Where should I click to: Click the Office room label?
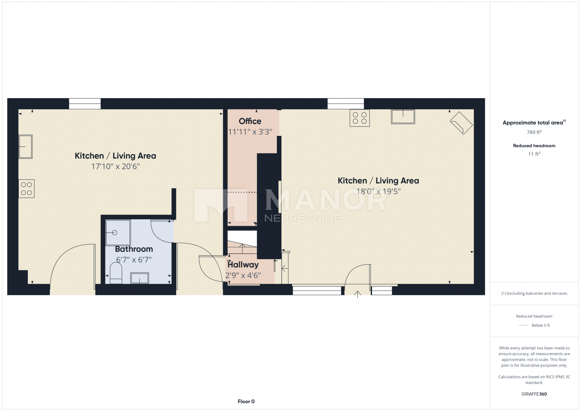[250, 121]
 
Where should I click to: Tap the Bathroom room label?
[134, 249]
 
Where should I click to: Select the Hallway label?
[243, 264]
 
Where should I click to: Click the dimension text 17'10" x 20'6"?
[115, 166]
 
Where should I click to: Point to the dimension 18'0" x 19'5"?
[378, 191]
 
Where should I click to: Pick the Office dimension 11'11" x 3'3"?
[250, 132]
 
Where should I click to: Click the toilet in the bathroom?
[116, 273]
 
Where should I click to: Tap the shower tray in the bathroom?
[118, 233]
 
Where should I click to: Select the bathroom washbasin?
[140, 278]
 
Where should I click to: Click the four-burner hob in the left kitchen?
[26, 188]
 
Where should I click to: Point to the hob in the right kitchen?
[359, 118]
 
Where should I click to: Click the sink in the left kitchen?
[26, 147]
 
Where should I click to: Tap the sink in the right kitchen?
[403, 116]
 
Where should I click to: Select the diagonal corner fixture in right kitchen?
[461, 123]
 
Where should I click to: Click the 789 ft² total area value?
[534, 132]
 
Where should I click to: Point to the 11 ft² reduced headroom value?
[534, 154]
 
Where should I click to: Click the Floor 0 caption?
[246, 401]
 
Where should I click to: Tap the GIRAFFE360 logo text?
[534, 394]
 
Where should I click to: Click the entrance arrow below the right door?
[358, 294]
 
